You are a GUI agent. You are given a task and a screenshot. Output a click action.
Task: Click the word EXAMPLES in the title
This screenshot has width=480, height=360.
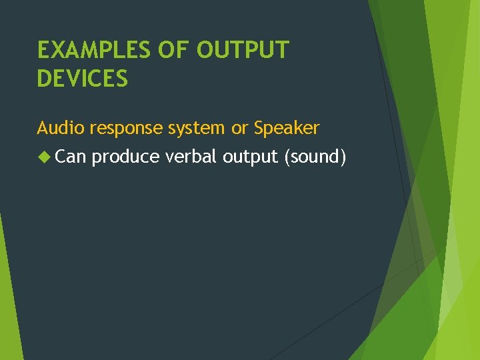(94, 51)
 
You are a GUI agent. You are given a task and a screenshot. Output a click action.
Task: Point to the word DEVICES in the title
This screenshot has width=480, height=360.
(83, 79)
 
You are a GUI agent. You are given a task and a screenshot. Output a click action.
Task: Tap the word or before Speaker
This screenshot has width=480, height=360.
(239, 128)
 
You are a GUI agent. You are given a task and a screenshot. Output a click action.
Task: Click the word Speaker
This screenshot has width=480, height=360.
(287, 128)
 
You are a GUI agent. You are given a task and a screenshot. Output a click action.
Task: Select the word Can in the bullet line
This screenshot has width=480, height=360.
(71, 157)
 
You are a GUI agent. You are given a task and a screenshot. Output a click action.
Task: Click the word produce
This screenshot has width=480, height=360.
(125, 157)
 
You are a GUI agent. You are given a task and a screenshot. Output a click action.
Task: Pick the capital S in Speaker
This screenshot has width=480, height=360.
(259, 127)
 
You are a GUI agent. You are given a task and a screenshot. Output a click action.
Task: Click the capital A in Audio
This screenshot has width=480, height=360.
(43, 127)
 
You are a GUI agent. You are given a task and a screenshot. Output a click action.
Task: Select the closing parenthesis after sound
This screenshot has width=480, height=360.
(343, 157)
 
